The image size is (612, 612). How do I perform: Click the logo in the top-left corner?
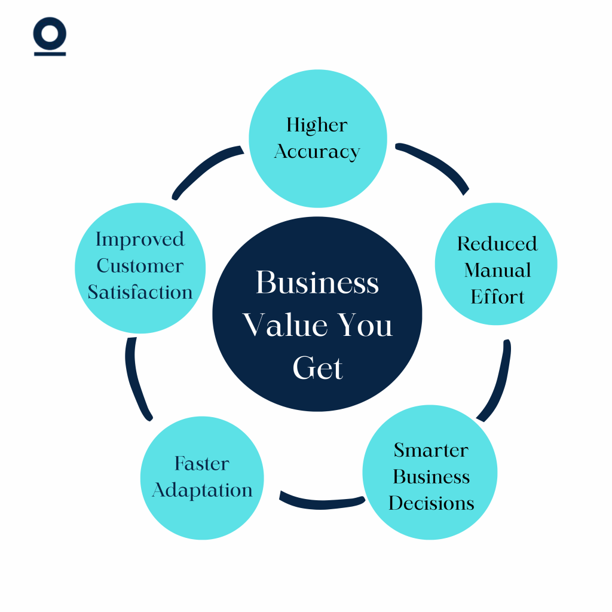click(50, 38)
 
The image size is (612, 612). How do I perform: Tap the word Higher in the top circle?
click(317, 125)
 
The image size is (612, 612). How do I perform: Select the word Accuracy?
click(317, 152)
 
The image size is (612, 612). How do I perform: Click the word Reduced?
click(497, 244)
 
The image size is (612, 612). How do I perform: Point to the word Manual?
click(497, 270)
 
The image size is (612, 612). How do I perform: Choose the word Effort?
click(497, 297)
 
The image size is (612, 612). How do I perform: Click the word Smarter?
click(431, 449)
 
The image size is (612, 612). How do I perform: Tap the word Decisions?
click(431, 503)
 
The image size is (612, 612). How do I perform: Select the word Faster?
click(202, 463)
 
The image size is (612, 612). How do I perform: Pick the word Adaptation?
click(202, 490)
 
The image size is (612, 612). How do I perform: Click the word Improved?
click(140, 239)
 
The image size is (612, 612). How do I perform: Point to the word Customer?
click(140, 265)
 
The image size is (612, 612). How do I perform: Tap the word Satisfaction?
click(140, 292)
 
